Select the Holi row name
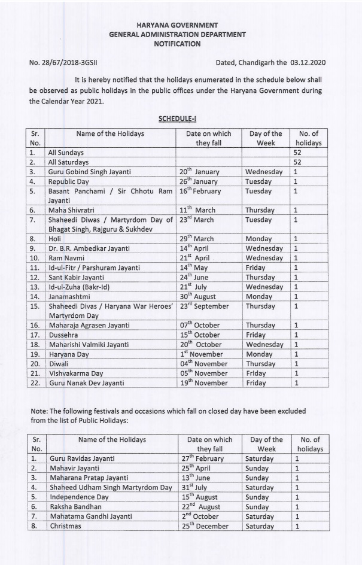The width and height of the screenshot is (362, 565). (x=55, y=238)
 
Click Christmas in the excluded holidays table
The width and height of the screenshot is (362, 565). (x=65, y=526)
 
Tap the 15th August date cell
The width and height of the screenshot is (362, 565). (x=200, y=497)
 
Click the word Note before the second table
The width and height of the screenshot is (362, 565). (x=38, y=411)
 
